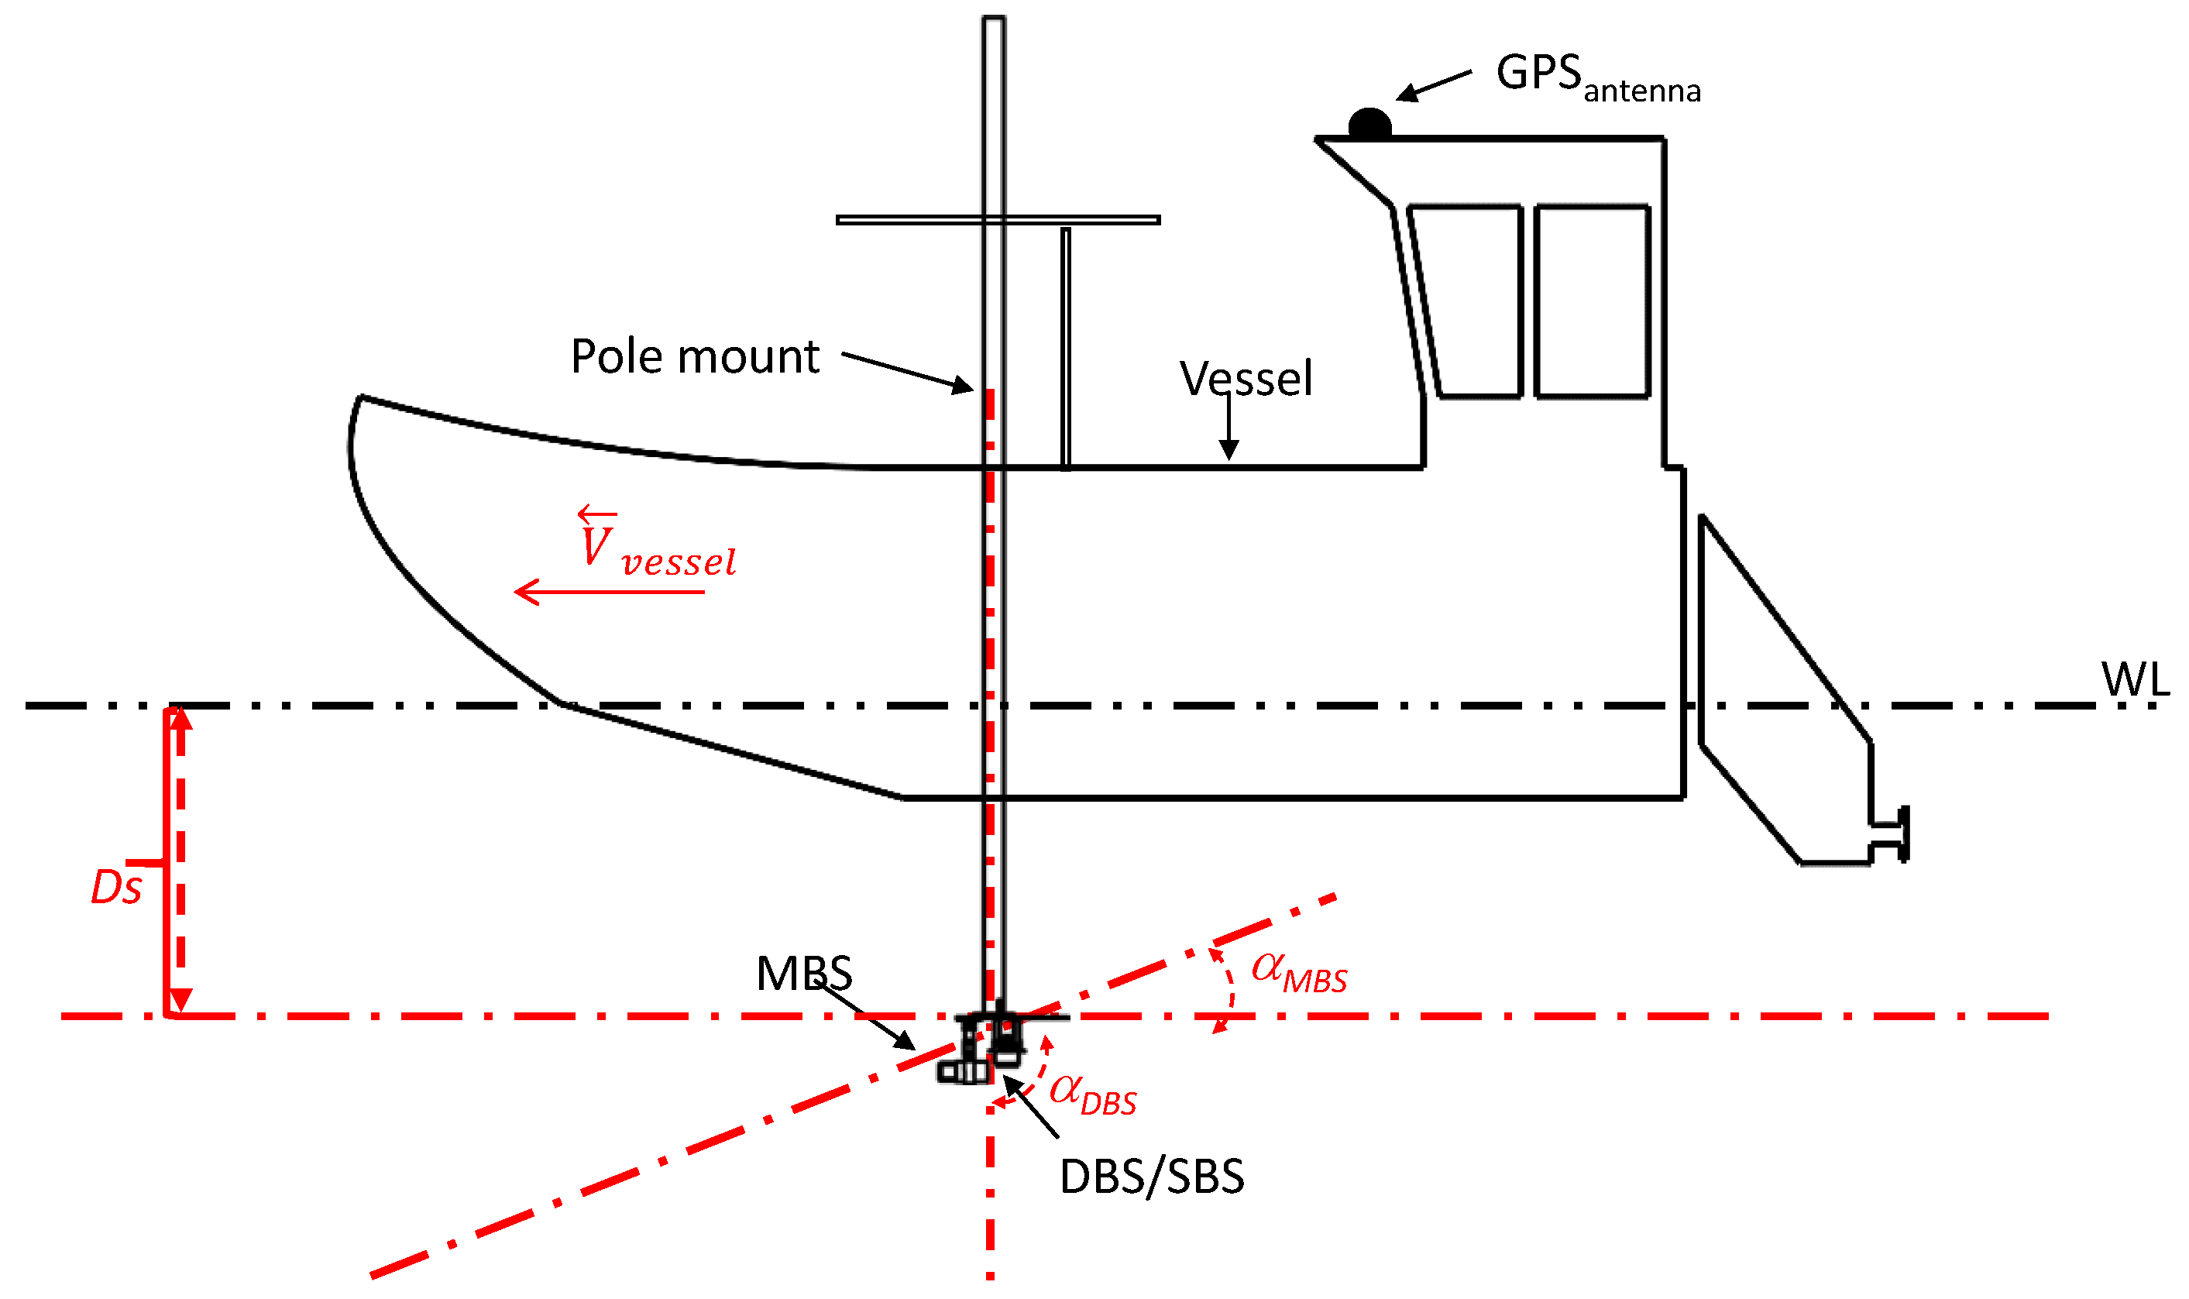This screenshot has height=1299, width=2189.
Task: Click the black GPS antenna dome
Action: [x=1369, y=123]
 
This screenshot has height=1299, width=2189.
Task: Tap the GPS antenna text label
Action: [x=1597, y=77]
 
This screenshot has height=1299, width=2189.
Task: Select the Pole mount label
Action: [x=695, y=356]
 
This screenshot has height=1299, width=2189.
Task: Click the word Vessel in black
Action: [x=1246, y=378]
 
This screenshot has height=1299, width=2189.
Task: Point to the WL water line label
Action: [x=2135, y=679]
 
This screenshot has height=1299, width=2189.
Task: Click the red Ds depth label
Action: [x=116, y=888]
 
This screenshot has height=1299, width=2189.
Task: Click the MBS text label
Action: [x=803, y=974]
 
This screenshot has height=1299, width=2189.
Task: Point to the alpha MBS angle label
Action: [x=1298, y=971]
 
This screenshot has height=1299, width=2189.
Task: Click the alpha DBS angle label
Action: [x=1092, y=1095]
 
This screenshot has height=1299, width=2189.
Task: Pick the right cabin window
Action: [x=1592, y=302]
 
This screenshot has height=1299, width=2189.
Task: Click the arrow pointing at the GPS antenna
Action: [x=1433, y=86]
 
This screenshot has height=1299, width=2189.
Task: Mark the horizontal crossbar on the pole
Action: [x=998, y=220]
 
